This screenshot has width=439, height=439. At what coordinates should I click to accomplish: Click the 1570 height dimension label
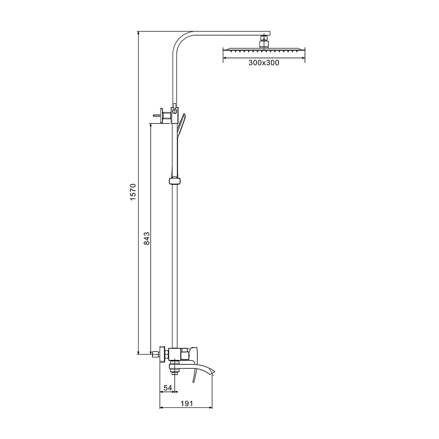pos(133,192)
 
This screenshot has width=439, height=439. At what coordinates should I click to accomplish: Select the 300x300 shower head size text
pos(264,63)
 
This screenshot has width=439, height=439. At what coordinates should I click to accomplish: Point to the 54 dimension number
pos(168,388)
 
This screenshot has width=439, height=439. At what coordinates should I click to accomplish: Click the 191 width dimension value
pos(187,404)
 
